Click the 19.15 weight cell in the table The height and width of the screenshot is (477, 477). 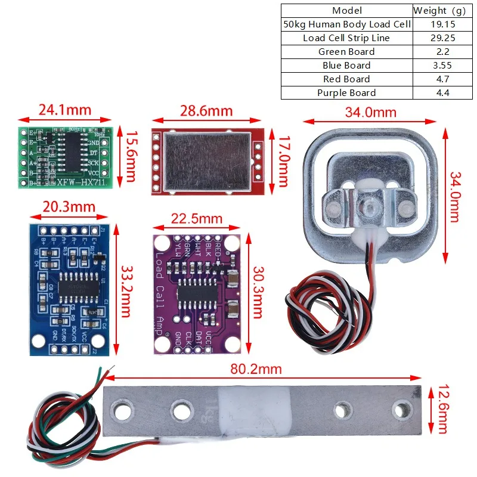pos(442,24)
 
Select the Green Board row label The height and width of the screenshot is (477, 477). pos(346,52)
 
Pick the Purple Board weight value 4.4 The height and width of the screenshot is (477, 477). pos(442,93)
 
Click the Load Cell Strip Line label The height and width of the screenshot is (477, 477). pos(346,38)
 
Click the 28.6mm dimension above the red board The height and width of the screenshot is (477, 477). pos(206,111)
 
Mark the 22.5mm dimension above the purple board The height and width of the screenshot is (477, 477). pos(197,219)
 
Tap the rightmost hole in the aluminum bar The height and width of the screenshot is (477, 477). pos(402,410)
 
